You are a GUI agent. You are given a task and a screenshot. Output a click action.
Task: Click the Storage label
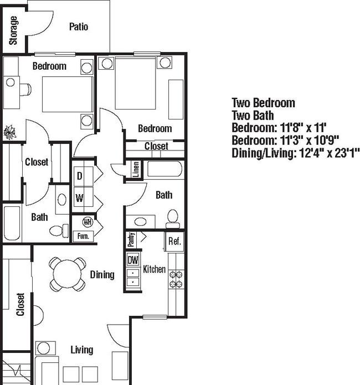(13, 30)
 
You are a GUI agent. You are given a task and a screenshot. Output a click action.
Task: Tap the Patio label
(79, 27)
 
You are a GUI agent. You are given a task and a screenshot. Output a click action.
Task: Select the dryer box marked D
(80, 176)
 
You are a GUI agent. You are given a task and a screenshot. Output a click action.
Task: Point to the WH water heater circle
(87, 222)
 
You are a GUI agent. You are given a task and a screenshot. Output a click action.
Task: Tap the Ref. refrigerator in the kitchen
(174, 241)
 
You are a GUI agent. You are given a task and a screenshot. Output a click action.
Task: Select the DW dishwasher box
(133, 259)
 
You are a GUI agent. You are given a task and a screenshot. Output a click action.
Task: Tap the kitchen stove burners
(176, 279)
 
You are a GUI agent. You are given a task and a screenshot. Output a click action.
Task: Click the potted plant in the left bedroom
(9, 132)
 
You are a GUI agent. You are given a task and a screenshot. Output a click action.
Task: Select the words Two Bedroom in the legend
(263, 103)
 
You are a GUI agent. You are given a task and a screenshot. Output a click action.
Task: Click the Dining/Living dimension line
(296, 153)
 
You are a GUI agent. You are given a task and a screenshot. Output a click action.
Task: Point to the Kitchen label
(154, 269)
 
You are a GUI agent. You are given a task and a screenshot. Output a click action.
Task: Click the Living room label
(81, 350)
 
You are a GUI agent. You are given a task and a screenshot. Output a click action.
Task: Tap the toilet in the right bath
(173, 219)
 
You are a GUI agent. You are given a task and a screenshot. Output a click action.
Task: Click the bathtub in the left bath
(12, 223)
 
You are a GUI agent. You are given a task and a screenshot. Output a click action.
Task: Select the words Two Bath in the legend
(253, 116)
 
